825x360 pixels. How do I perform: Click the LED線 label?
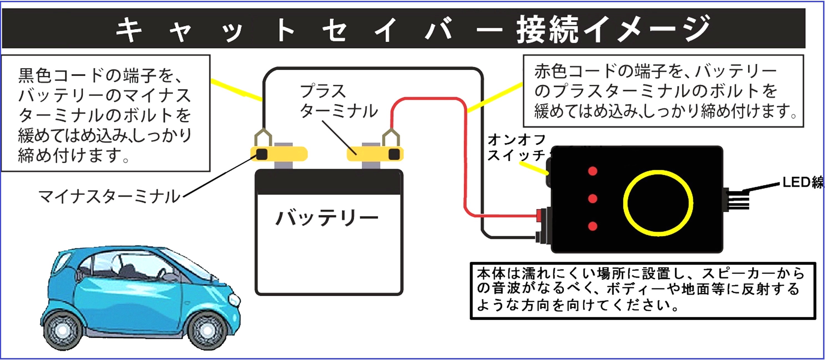803,182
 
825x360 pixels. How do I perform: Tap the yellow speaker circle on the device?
658,203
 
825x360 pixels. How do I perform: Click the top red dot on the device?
593,171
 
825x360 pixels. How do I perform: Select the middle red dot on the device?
593,199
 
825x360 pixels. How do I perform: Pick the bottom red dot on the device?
593,226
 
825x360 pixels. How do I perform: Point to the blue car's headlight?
234,300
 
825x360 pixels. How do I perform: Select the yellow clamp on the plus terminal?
375,154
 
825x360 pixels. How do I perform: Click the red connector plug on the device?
539,215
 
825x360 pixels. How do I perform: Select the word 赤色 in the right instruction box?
551,71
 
